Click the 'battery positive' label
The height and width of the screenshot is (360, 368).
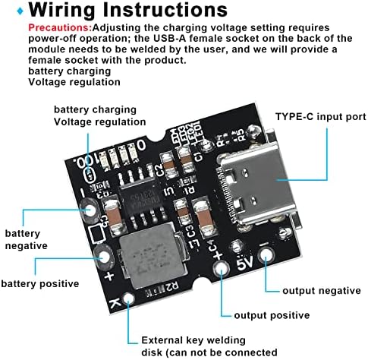pos(39,283)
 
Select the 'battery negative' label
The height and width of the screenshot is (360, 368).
pos(27,239)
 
